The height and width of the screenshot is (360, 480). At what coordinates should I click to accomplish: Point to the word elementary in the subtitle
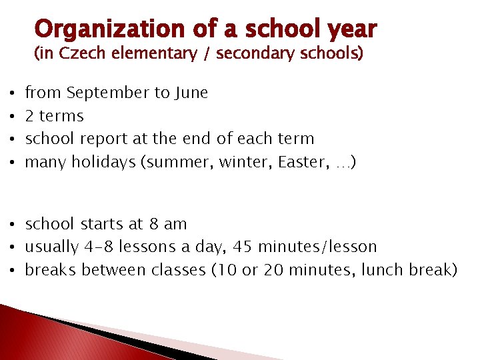point(148,54)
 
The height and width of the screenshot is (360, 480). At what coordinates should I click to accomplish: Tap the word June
point(192,93)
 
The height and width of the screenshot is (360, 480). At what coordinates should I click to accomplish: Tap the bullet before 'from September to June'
point(5,93)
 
